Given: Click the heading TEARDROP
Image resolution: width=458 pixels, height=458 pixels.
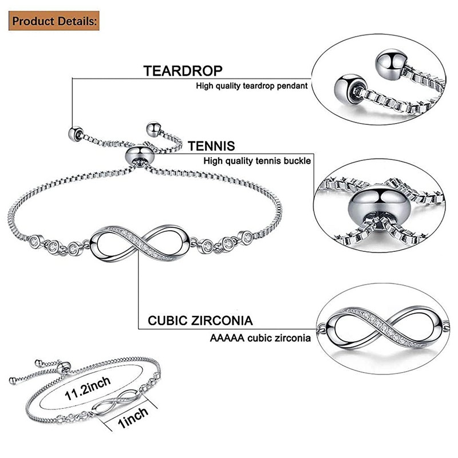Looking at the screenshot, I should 183,71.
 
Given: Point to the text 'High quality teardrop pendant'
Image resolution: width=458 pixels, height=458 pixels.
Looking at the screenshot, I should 252,86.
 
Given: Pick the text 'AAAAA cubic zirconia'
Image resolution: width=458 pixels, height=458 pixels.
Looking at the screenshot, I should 260,338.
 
